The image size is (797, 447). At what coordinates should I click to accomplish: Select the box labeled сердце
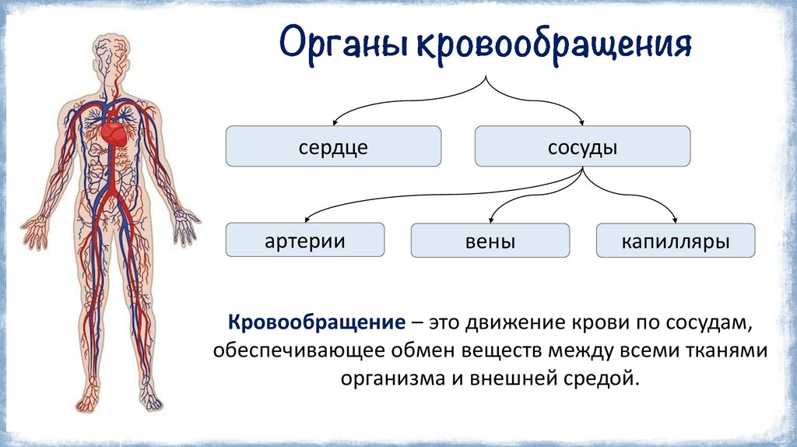(333, 147)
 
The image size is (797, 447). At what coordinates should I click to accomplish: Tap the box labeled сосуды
(582, 147)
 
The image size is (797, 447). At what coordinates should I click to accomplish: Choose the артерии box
(304, 240)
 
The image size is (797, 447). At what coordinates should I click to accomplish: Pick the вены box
(490, 241)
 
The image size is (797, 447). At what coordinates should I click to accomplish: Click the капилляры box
(675, 241)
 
